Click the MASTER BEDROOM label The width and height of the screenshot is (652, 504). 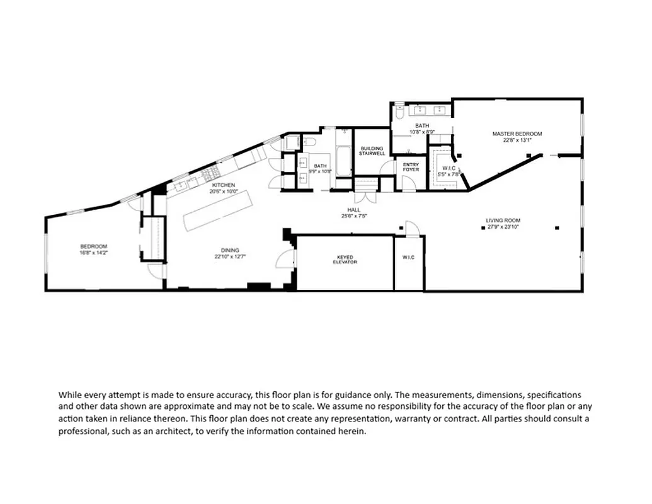point(517,134)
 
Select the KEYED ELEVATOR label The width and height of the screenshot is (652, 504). point(345,260)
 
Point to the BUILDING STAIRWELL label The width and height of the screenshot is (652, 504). point(372,151)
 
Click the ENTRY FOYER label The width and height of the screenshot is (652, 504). point(411,167)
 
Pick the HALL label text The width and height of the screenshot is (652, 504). point(353,210)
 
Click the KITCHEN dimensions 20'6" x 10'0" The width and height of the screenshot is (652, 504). point(224,192)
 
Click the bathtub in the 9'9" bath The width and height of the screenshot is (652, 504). point(344,161)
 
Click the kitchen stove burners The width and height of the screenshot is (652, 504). point(210,172)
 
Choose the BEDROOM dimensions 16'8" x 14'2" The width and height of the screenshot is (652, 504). point(93,253)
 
